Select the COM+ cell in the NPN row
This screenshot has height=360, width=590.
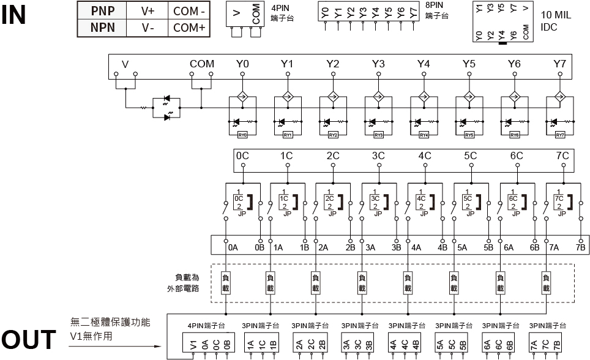pos(189,28)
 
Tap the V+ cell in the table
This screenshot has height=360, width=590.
pos(147,10)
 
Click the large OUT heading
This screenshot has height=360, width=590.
pos(28,340)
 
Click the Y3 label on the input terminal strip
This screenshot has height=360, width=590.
pos(378,64)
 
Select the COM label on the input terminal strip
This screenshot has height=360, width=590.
pos(202,64)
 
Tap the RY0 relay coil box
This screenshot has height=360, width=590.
pos(242,135)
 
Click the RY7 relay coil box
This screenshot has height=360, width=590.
pos(559,135)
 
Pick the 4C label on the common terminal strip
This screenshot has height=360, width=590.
pos(424,156)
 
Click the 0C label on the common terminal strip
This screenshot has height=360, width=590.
pos(242,156)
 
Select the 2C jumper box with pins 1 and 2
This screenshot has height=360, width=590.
pos(329,203)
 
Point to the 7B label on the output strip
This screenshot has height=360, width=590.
pos(580,248)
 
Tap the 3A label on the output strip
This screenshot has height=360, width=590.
pos(370,248)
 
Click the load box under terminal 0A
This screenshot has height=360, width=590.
pos(225,282)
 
